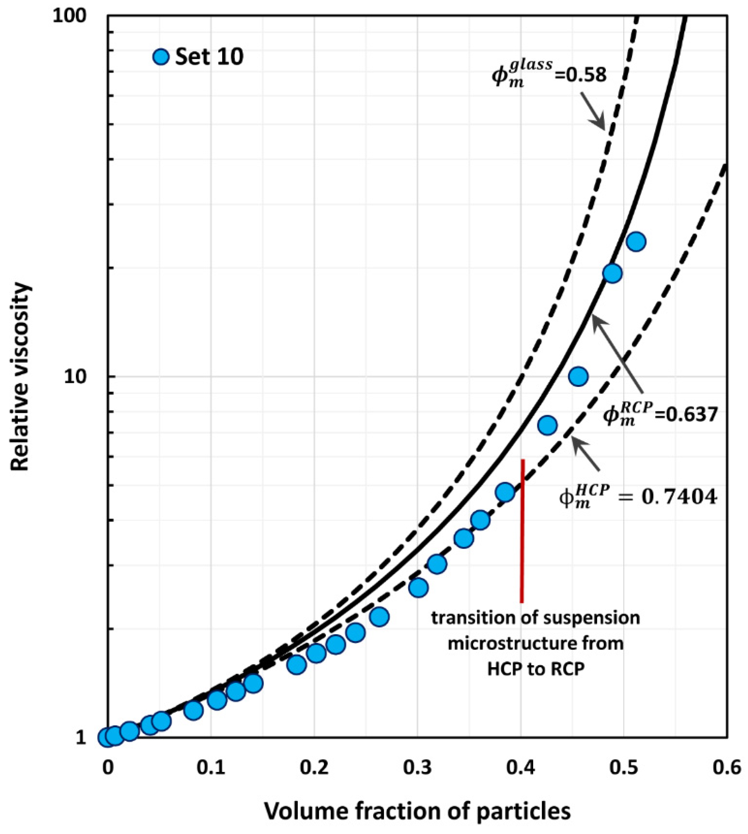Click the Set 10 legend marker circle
(161, 56)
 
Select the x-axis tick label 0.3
(417, 768)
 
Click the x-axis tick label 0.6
(726, 768)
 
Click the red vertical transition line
(522, 530)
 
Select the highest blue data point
(636, 242)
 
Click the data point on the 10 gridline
(578, 376)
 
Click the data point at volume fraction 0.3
(418, 588)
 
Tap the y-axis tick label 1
(80, 738)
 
